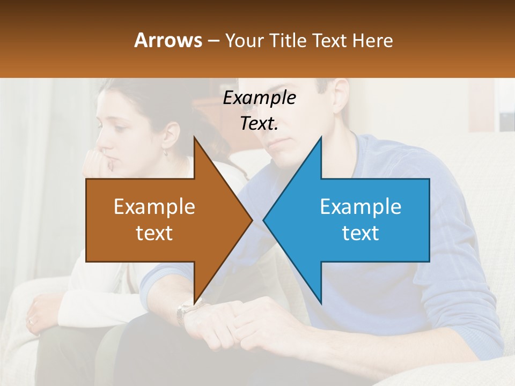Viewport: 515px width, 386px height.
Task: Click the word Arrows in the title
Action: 168,40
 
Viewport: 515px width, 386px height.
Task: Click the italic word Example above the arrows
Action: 259,98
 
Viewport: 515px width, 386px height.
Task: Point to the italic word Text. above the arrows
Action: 259,123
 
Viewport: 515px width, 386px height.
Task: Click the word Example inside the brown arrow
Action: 154,207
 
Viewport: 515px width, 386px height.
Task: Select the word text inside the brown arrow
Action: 154,233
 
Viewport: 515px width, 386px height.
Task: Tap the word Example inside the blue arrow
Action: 360,207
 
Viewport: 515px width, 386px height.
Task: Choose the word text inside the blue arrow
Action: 360,233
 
